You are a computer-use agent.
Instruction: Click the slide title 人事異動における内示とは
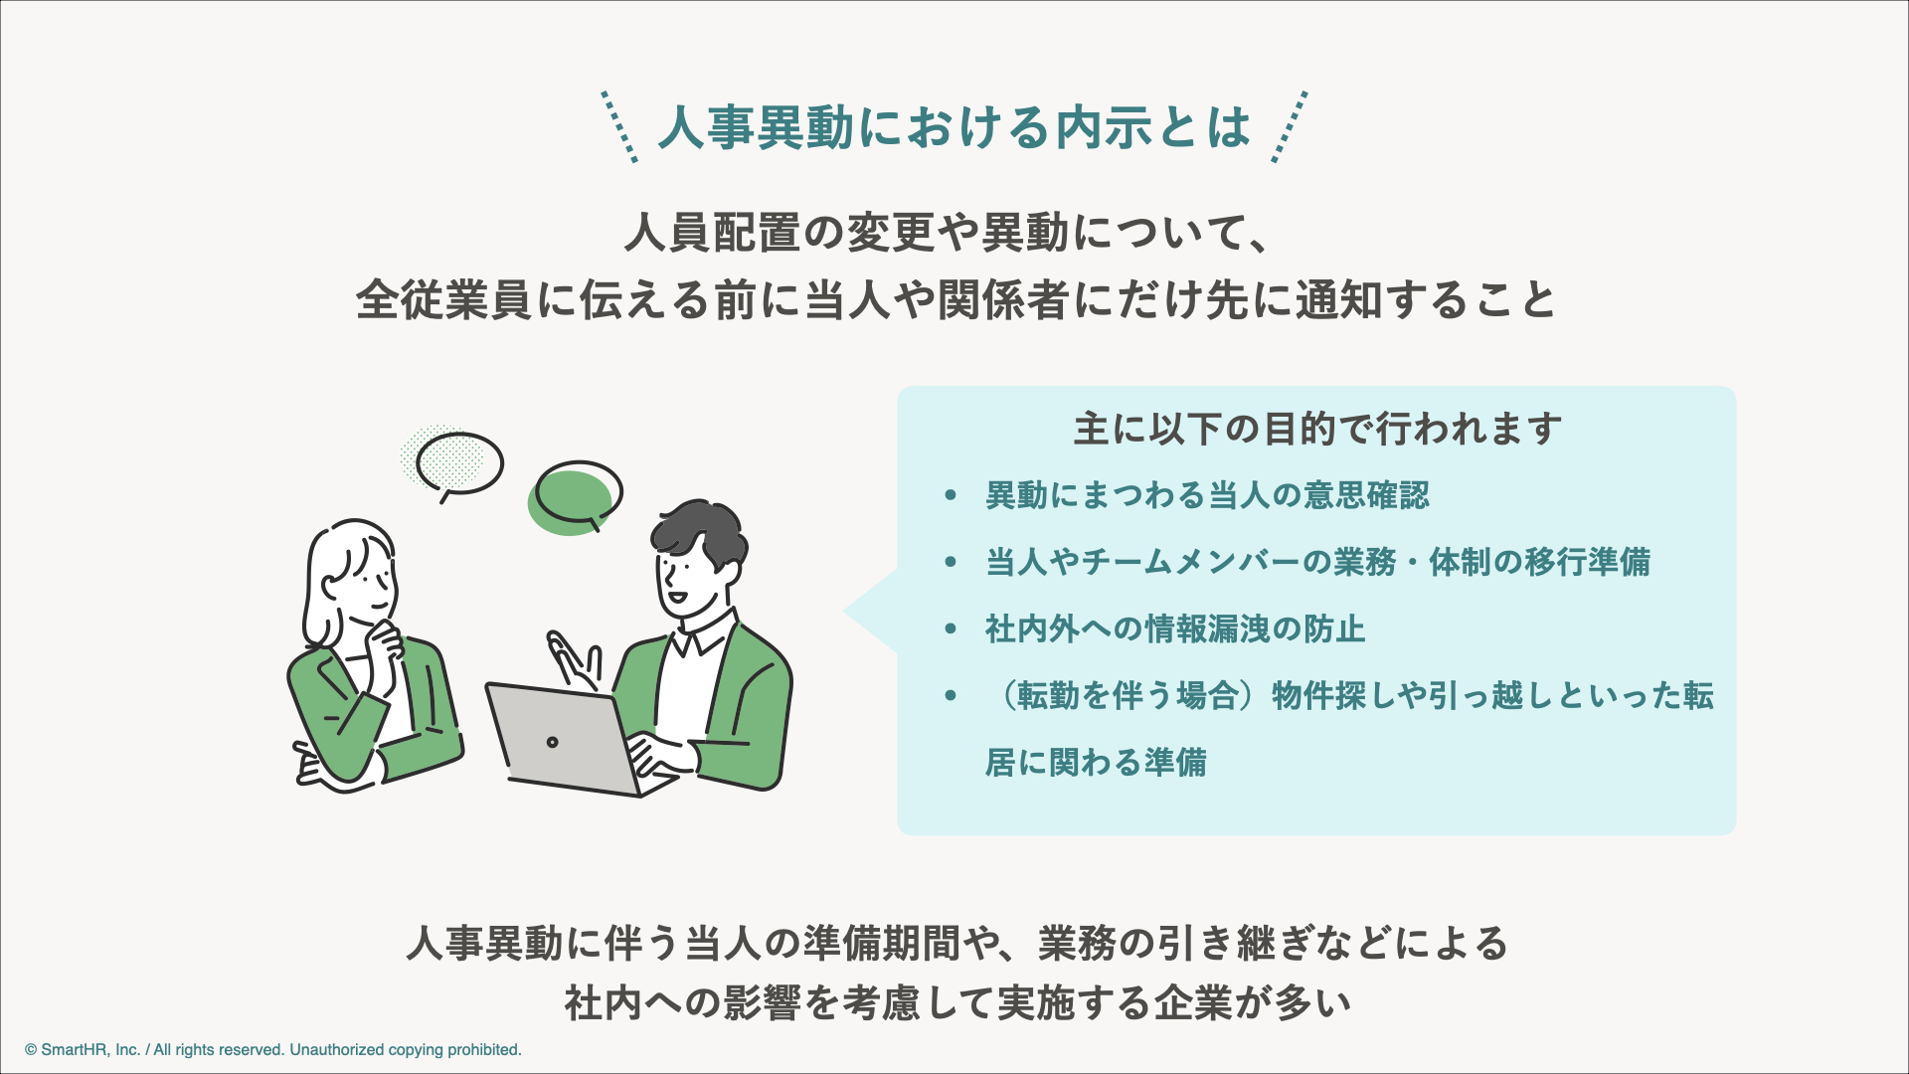coord(954,127)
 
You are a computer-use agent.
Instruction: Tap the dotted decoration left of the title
coord(619,127)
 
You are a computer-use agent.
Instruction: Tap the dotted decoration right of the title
coord(1290,127)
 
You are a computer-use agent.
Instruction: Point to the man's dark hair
coord(698,532)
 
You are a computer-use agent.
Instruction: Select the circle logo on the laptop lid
coord(552,742)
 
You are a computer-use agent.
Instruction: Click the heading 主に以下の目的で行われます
coord(1316,430)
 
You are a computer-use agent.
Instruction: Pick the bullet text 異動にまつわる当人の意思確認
coord(1207,495)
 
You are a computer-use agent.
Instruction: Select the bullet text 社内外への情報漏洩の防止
coord(1174,628)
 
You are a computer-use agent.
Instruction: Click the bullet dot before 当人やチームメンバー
coord(951,562)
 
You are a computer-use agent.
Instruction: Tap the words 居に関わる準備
coord(1096,763)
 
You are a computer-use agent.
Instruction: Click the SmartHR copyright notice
coord(273,1050)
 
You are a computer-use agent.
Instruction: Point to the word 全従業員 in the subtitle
coord(442,299)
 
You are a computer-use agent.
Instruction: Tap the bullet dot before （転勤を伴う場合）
coord(951,695)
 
